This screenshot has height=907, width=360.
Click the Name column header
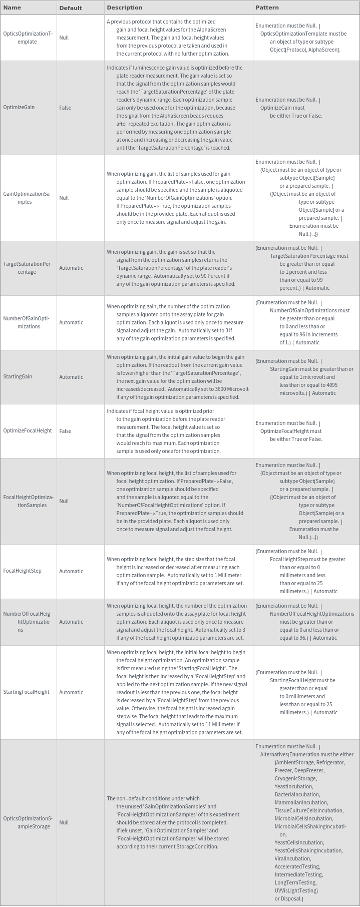(x=12, y=8)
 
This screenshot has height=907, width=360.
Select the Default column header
(x=70, y=8)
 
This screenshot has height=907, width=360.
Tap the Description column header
(x=124, y=8)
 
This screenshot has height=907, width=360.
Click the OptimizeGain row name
(x=19, y=108)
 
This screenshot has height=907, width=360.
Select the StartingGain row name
(x=18, y=376)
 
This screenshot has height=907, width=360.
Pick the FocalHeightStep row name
(x=22, y=571)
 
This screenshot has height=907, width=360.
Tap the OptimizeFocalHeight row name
(x=28, y=430)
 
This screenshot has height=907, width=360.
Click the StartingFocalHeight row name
(x=26, y=692)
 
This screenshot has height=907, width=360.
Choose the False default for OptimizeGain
(x=65, y=108)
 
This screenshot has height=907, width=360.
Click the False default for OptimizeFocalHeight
(x=65, y=431)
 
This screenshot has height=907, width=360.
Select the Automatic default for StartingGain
(x=71, y=377)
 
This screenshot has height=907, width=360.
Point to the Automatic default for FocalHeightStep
(x=71, y=571)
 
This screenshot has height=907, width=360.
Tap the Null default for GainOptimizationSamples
(x=64, y=198)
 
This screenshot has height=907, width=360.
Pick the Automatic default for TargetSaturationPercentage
(x=71, y=268)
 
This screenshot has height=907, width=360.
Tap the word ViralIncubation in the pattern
(x=292, y=858)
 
